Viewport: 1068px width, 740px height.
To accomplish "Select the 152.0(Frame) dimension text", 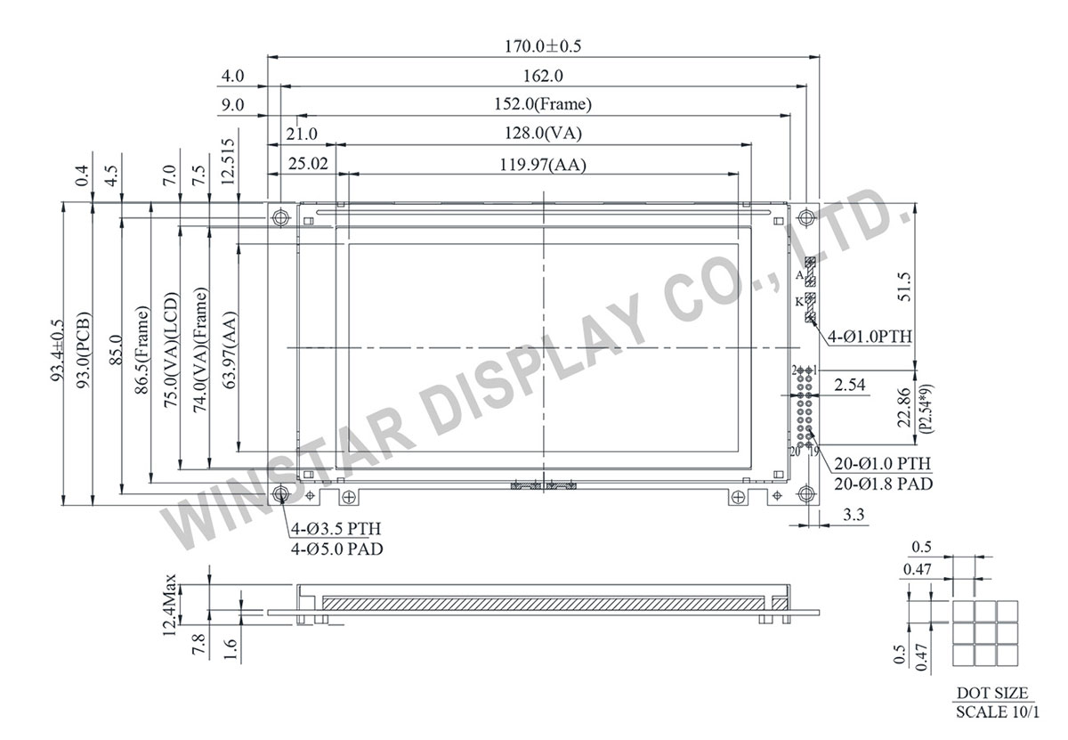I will (541, 104).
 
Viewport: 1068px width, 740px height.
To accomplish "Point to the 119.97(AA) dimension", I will (542, 164).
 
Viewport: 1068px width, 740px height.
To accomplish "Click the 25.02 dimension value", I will (307, 164).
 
